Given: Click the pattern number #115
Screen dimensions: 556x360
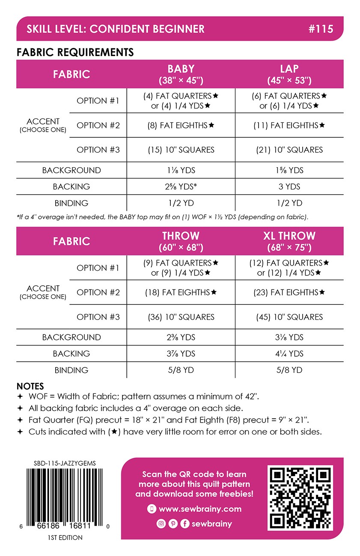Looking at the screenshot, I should [320, 29].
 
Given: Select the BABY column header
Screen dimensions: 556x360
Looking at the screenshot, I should [181, 74].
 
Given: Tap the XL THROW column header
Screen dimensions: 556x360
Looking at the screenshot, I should [289, 241].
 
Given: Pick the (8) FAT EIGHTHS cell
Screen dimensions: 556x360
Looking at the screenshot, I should [181, 125].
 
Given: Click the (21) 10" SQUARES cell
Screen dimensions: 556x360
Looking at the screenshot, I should [289, 150].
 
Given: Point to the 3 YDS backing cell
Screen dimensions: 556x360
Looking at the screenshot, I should [289, 186].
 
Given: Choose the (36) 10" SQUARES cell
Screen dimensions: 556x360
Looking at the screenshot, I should [181, 317].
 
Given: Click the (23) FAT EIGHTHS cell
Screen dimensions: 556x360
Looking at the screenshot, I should [289, 293].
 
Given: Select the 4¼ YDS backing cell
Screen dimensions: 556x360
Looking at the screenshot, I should [289, 353].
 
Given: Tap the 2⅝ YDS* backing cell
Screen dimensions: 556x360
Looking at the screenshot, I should [181, 186].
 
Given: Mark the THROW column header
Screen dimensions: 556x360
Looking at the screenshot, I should [181, 241].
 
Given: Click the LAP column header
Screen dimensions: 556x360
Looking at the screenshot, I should [289, 74].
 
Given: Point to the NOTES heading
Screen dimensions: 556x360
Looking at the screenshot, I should [30, 386].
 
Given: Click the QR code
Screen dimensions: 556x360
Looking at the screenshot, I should [300, 498].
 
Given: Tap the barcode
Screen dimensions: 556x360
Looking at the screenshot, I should [64, 498].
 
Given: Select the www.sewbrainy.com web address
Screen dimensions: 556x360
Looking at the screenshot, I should [200, 509].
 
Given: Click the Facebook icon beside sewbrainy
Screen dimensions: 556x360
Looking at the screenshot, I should [185, 523].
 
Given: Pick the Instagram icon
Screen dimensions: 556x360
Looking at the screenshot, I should [161, 523].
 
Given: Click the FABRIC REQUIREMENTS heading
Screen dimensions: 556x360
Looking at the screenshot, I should [75, 52].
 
